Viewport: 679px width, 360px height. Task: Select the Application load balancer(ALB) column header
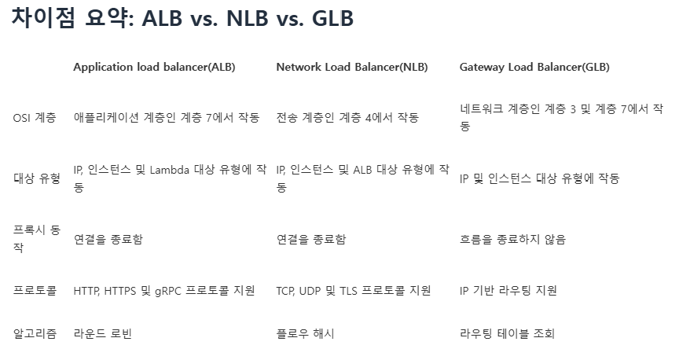point(154,67)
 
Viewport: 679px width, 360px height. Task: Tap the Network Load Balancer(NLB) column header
point(352,67)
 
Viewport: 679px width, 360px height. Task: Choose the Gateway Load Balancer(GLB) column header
point(534,67)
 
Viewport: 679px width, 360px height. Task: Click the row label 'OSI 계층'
point(35,118)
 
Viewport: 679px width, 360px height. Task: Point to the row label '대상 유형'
point(37,178)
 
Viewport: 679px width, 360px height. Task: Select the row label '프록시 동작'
point(37,238)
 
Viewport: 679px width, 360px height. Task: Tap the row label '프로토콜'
point(35,291)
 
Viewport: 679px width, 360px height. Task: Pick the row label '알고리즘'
point(35,334)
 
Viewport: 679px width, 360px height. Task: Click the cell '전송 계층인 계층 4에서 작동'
point(347,118)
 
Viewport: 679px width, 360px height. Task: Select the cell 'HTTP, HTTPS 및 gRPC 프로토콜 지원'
point(164,291)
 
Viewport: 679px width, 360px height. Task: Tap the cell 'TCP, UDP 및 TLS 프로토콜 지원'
point(354,291)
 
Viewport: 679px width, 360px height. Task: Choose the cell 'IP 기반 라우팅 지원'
point(508,291)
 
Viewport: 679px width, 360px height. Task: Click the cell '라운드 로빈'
point(102,334)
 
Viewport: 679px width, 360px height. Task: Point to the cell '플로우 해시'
point(306,334)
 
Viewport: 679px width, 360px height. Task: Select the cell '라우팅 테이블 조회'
point(507,334)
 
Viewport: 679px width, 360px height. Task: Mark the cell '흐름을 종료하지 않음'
point(512,239)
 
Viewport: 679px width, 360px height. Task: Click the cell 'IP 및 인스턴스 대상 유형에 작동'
point(540,178)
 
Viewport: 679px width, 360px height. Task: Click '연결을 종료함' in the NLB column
point(311,239)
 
